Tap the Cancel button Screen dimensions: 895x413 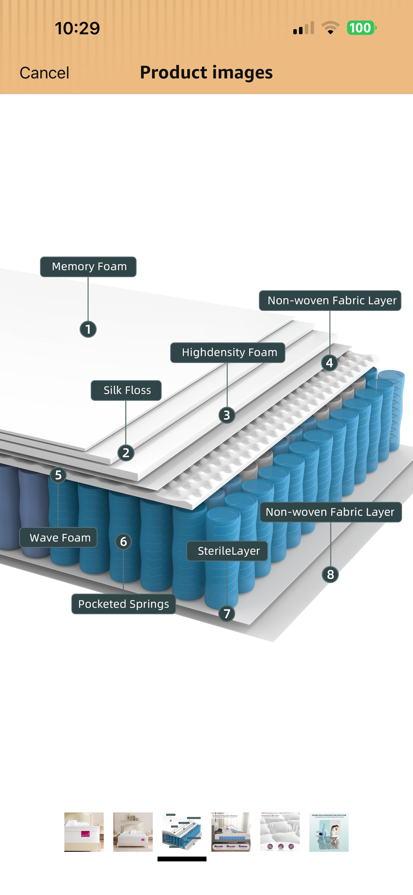[44, 73]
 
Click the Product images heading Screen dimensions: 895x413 [206, 72]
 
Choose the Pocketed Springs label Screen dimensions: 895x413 [123, 604]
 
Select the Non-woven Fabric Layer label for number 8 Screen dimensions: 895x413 [331, 512]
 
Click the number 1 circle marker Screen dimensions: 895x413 [88, 329]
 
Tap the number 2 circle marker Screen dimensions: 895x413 [126, 453]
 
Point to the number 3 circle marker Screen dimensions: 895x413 [227, 415]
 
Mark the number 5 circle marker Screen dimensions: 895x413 [58, 475]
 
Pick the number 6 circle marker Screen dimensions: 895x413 [123, 541]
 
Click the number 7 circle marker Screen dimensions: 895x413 [227, 614]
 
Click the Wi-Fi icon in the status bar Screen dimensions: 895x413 [330, 28]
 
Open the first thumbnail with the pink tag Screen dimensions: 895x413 [84, 831]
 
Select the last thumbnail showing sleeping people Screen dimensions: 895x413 [329, 831]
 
